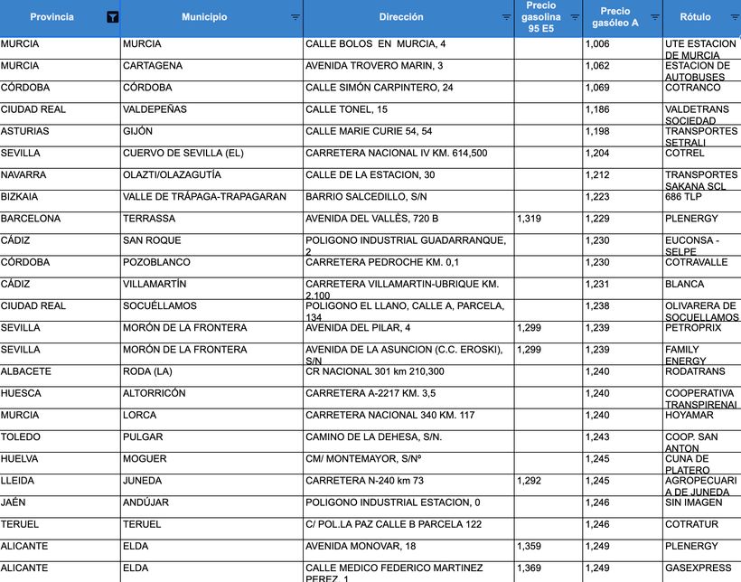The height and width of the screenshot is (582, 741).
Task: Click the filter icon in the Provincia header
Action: tap(112, 17)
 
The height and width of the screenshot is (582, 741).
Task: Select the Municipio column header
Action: tap(204, 17)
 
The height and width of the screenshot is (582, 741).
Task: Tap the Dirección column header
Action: tap(401, 17)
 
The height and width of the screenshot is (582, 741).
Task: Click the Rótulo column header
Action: tap(695, 17)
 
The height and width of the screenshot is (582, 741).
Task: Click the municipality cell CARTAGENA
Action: tap(153, 66)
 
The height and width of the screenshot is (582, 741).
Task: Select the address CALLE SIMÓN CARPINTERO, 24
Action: tap(380, 88)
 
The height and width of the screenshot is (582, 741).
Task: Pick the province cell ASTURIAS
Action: tap(25, 131)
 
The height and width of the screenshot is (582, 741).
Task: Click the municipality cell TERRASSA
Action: tap(149, 219)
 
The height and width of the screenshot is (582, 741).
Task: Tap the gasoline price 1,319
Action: tap(530, 219)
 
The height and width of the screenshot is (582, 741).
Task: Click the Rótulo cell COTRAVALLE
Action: tap(696, 262)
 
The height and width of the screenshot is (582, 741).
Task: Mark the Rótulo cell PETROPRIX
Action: tap(694, 328)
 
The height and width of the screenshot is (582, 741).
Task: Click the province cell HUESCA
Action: tap(21, 393)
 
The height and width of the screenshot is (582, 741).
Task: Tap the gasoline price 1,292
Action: tap(530, 481)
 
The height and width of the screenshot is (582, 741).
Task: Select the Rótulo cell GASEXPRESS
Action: tap(698, 568)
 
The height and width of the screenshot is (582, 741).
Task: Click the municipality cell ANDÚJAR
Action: tap(145, 502)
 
